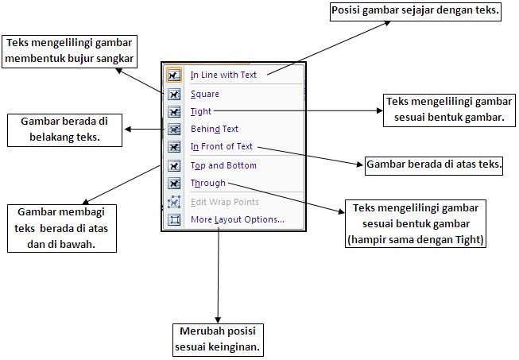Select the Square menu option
coord(205,94)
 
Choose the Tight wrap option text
coord(201,111)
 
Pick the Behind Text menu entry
coord(214,129)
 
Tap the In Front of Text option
coord(221,146)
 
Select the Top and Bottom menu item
coord(223,165)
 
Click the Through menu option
coord(208,184)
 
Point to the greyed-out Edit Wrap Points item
coord(224,202)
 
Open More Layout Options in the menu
coord(237,219)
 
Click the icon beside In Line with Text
coord(174,75)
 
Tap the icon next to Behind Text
coord(174,129)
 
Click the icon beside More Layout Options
coord(174,219)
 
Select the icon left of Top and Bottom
coord(174,165)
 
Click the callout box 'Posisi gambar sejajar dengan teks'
coord(415,12)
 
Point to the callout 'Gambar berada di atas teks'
coord(434,165)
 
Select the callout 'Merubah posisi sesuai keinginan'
coord(218,339)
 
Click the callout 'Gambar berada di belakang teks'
coord(65,129)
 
